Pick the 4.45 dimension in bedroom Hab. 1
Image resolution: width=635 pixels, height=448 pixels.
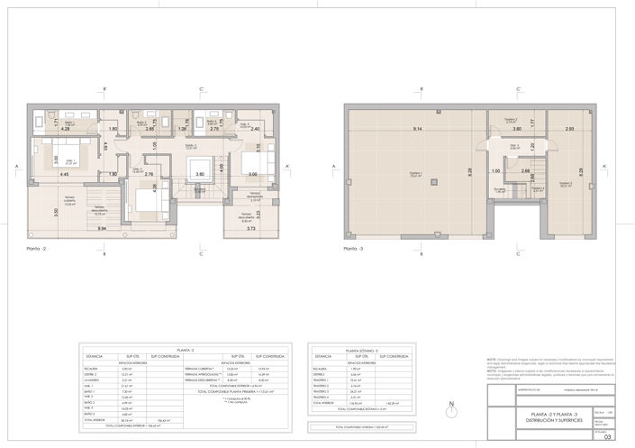(x=66, y=174)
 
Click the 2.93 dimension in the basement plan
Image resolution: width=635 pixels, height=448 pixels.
(x=570, y=130)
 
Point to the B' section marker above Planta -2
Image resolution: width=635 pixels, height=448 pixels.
(x=105, y=88)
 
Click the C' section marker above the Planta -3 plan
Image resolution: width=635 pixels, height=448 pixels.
(x=517, y=88)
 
